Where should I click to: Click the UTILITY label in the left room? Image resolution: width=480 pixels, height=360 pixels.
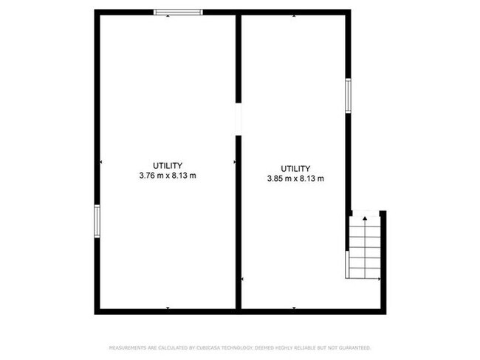[x=168, y=165]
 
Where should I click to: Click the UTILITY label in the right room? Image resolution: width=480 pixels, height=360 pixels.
[x=295, y=168]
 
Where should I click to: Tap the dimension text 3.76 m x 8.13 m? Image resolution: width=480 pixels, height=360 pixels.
[x=168, y=176]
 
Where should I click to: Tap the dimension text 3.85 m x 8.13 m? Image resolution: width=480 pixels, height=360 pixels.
[x=295, y=179]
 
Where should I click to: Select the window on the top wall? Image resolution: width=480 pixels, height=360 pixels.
[x=177, y=12]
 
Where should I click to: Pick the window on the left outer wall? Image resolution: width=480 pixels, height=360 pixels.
[x=97, y=221]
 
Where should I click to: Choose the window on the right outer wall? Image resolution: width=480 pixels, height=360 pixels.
[x=348, y=96]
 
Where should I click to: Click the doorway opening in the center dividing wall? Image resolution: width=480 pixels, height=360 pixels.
[x=239, y=120]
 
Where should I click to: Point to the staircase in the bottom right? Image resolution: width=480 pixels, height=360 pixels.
[x=364, y=247]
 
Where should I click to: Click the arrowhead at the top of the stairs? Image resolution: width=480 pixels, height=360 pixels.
[x=364, y=219]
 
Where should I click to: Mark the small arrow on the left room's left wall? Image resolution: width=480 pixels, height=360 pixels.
[x=101, y=162]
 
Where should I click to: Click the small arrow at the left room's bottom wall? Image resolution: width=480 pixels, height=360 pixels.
[x=168, y=307]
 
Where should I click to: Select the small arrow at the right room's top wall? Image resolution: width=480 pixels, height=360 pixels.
[x=295, y=15]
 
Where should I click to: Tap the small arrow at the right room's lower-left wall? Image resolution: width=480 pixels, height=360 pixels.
[x=244, y=280]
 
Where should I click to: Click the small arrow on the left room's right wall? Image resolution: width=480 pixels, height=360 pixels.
[x=234, y=162]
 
